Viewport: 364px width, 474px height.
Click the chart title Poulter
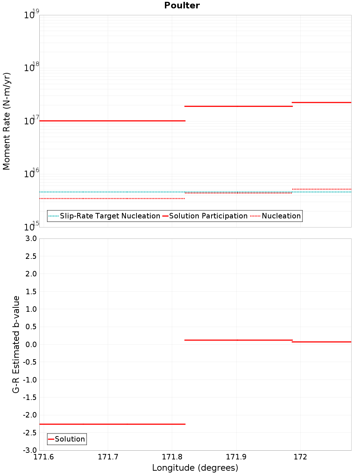tap(182, 5)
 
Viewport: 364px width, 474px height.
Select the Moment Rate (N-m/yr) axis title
tap(7, 121)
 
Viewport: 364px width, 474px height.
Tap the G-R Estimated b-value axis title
tap(16, 344)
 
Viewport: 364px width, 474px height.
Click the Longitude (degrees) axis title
tap(195, 468)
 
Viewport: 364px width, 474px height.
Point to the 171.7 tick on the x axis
tap(108, 457)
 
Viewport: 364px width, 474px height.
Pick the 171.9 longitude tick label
tap(236, 457)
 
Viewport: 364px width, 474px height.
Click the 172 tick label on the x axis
tap(300, 457)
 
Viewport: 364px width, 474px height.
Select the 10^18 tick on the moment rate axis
tap(31, 67)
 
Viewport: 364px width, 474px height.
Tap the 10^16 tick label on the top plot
tap(31, 174)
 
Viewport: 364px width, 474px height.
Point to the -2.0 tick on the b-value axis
tap(30, 415)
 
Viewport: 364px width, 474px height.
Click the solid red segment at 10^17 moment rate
tap(112, 121)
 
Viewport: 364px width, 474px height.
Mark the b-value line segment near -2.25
tap(112, 424)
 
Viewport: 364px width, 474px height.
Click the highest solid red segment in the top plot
tap(322, 102)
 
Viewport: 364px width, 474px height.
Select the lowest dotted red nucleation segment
tap(112, 198)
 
